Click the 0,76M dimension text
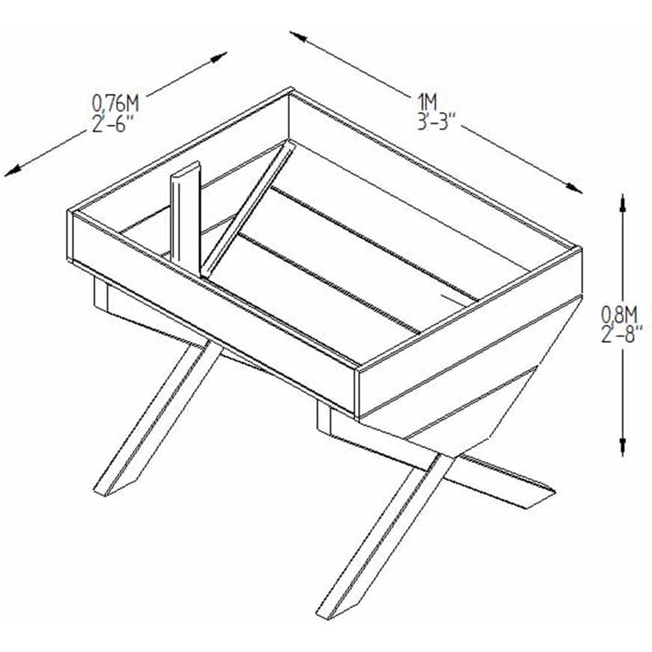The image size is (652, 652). (115, 104)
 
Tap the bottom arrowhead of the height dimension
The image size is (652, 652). (622, 447)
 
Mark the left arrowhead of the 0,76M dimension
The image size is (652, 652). (12, 170)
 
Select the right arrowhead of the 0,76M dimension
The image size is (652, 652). (218, 57)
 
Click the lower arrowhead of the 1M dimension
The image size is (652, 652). (574, 188)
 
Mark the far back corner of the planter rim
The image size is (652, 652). (290, 89)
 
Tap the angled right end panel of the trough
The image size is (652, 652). (470, 366)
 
